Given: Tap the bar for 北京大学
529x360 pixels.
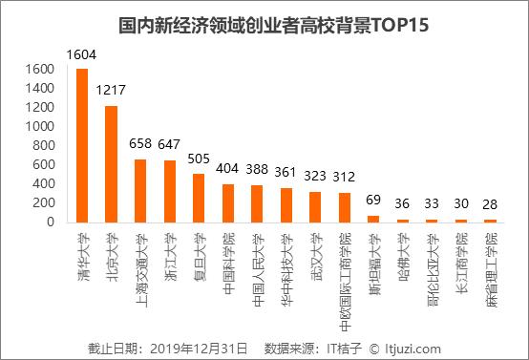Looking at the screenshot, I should (x=111, y=163).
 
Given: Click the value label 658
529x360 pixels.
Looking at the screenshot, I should (x=140, y=145).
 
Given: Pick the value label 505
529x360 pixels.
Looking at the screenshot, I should (x=199, y=159).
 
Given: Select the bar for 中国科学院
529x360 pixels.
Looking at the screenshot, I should (x=227, y=202).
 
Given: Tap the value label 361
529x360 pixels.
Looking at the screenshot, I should (x=286, y=174).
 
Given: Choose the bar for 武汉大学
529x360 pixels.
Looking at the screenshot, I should (x=315, y=206).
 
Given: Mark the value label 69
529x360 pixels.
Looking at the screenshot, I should (x=373, y=201).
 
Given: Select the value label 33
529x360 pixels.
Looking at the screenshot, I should (x=432, y=205).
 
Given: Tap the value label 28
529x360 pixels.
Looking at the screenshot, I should (x=490, y=205).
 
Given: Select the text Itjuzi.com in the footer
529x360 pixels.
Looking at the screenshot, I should (x=410, y=348).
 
